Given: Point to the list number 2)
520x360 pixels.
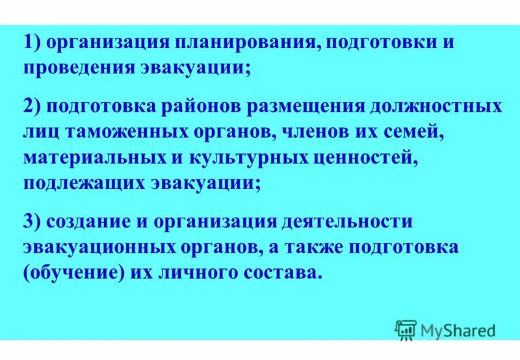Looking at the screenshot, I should click(x=34, y=107).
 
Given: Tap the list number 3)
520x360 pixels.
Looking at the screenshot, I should click(x=34, y=220).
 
